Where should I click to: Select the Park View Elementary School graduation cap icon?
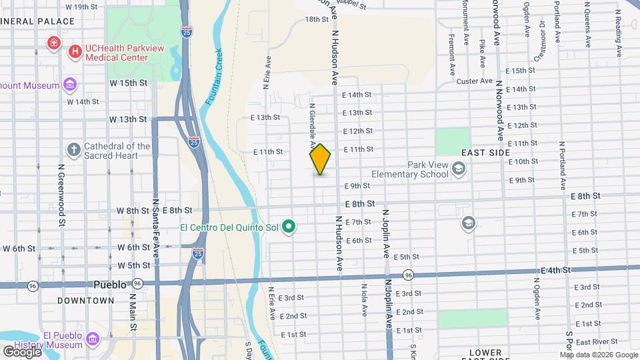click(x=458, y=169)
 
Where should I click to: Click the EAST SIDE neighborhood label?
click(x=485, y=153)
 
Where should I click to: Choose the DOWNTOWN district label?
click(x=85, y=301)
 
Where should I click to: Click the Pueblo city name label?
click(x=110, y=284)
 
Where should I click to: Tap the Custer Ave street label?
click(x=474, y=81)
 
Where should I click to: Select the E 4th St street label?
click(x=556, y=270)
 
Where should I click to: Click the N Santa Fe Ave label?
click(x=155, y=223)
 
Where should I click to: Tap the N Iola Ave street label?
click(x=364, y=300)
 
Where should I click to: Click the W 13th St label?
click(x=128, y=119)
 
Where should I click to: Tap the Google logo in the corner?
click(x=22, y=351)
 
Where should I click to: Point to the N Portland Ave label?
click(x=563, y=163)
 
